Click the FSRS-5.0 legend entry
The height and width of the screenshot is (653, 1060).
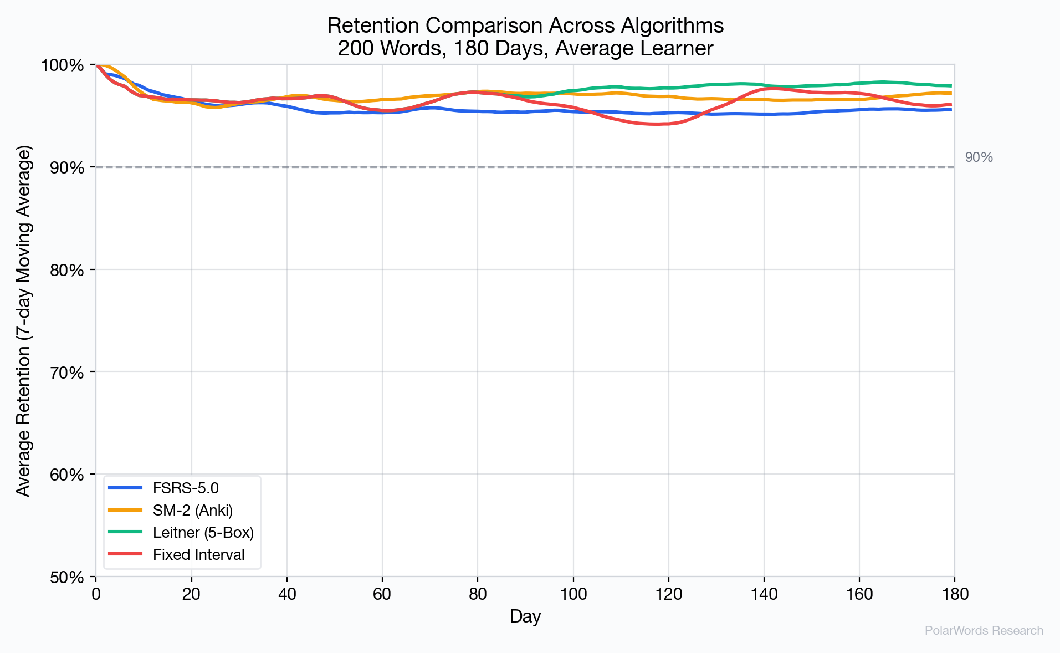[x=186, y=488]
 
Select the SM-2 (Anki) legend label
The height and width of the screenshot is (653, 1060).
[x=193, y=511]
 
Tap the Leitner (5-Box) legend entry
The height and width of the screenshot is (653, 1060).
[x=203, y=533]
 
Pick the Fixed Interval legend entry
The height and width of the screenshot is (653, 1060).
[x=198, y=555]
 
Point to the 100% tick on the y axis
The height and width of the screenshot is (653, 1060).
[x=62, y=65]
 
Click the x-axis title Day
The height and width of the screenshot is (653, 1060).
[x=525, y=616]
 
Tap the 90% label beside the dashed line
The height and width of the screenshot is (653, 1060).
[x=979, y=157]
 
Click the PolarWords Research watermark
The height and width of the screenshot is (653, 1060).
[x=984, y=631]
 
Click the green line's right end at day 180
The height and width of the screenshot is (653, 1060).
[x=951, y=86]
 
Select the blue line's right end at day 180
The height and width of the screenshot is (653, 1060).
[x=951, y=109]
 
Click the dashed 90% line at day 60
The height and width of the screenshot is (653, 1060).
[x=382, y=167]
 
